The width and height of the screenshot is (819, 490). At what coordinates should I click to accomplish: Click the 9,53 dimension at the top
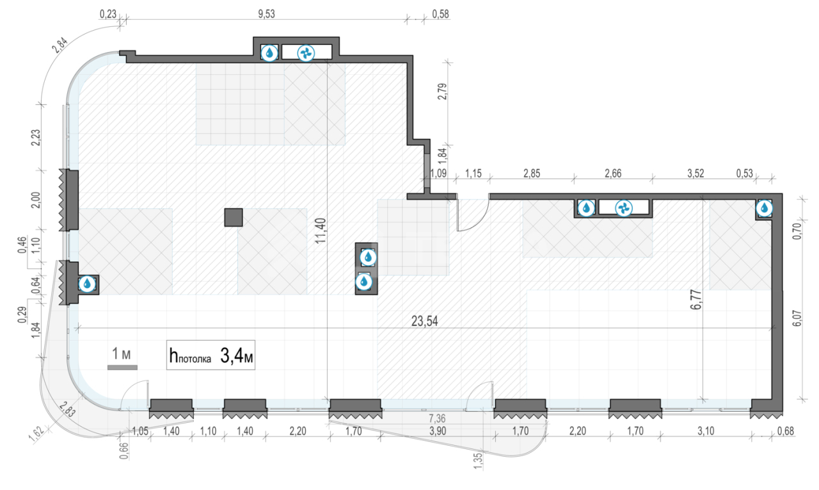click(x=266, y=14)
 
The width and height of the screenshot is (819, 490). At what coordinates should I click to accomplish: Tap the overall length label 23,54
click(x=424, y=321)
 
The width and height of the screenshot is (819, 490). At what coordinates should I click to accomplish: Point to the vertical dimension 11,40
click(x=321, y=231)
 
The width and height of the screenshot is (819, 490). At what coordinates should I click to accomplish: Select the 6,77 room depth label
click(x=696, y=300)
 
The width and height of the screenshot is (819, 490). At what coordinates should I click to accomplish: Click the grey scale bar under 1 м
click(x=122, y=368)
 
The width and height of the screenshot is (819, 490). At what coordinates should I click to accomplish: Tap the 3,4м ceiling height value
click(x=237, y=355)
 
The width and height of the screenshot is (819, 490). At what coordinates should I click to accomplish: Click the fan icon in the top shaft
click(x=306, y=53)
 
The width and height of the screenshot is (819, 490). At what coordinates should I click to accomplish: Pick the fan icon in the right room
click(x=624, y=209)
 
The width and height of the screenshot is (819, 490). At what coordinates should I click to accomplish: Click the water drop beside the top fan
click(x=269, y=53)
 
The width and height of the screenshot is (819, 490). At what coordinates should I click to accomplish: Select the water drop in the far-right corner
click(x=764, y=209)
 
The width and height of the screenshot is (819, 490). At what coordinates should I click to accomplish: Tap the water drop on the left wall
click(x=87, y=284)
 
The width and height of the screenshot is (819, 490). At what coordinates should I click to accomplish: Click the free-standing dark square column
click(x=234, y=217)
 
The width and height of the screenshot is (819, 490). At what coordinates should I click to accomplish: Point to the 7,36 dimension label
click(x=437, y=418)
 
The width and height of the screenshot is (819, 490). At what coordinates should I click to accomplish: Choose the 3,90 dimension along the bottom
click(x=438, y=431)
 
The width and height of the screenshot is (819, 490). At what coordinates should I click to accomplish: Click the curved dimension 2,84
click(x=60, y=45)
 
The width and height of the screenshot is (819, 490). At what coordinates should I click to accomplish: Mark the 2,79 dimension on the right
click(x=442, y=92)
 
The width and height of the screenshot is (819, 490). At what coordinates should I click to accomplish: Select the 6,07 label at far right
click(x=798, y=318)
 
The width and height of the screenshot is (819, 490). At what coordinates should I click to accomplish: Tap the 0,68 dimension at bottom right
click(x=786, y=431)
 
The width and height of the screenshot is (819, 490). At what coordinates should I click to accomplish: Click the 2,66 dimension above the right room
click(x=613, y=173)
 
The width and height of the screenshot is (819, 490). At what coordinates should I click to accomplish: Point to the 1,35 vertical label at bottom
click(x=478, y=461)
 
